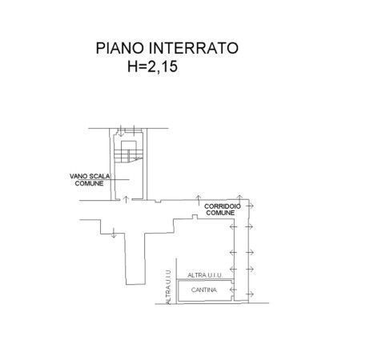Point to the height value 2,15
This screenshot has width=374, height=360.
coord(163,66)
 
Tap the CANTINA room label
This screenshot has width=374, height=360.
coord(204,290)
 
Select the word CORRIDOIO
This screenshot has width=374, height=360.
coord(223,206)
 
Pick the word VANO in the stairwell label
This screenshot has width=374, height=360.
coord(78,176)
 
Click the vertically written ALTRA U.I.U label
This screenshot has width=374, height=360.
coord(168,286)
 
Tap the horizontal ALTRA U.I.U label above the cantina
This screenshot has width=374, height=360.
coord(205,275)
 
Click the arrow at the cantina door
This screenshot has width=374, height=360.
coord(233,290)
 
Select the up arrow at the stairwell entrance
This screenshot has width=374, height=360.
coord(127,199)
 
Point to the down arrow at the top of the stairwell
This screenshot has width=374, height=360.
coord(121,130)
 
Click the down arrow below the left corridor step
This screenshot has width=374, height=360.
coord(114,233)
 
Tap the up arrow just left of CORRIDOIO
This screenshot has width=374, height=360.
coord(198,200)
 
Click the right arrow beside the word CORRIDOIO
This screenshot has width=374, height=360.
coord(250,206)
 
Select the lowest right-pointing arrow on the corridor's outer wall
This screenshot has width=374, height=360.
coord(250,294)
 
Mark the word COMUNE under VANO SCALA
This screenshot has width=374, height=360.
coord(89,183)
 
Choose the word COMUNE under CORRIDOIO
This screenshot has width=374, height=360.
coord(220,213)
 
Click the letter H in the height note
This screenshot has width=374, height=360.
coord(132,66)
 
